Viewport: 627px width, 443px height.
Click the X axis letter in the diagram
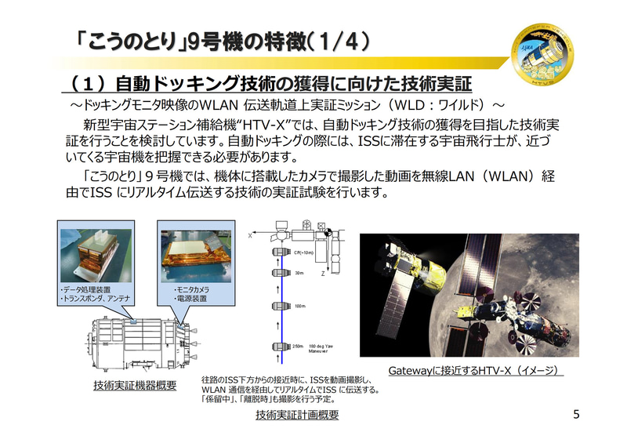point(249,234)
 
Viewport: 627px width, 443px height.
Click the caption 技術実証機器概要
point(134,385)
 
